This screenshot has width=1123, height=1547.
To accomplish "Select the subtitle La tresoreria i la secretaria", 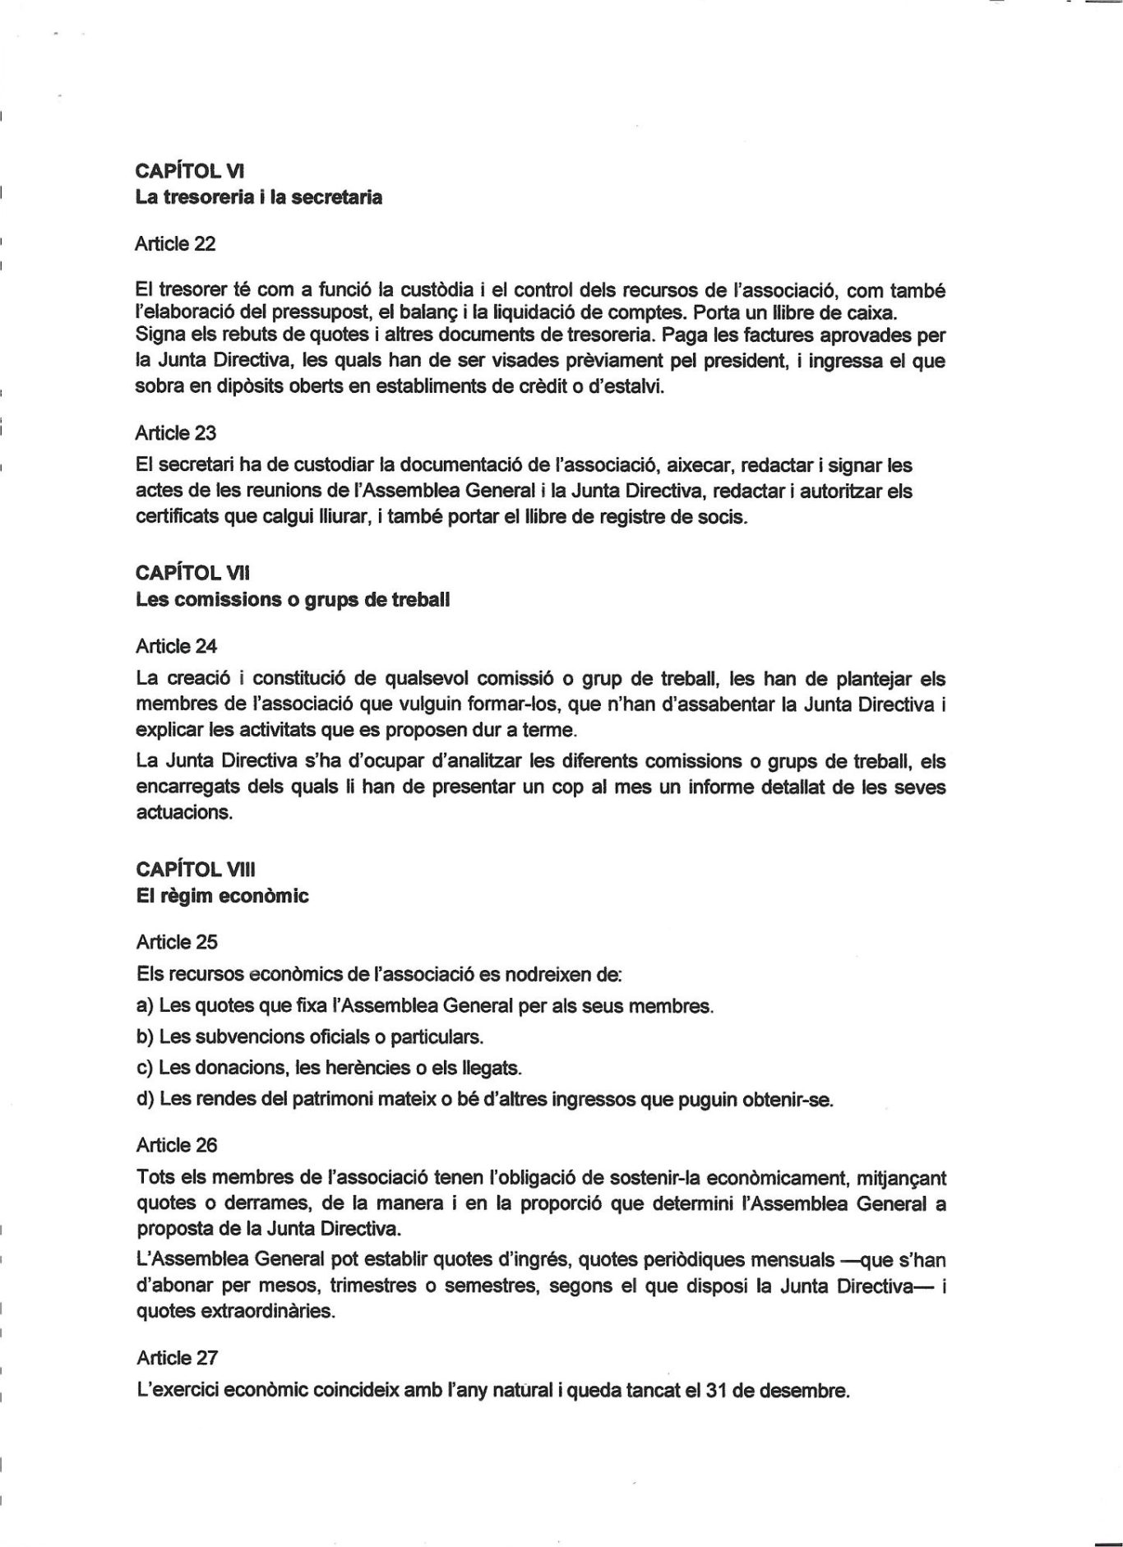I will (x=258, y=197).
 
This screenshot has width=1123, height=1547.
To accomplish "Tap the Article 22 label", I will (x=175, y=243).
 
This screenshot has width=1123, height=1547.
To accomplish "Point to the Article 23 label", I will (x=175, y=432).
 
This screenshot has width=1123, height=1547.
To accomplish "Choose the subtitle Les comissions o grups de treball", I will (x=292, y=599).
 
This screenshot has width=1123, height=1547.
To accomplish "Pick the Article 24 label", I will (x=176, y=646).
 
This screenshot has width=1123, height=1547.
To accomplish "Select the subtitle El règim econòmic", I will (x=222, y=896).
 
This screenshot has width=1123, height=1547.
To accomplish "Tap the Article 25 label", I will (x=176, y=942).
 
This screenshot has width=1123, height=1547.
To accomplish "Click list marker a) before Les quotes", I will (x=145, y=1005).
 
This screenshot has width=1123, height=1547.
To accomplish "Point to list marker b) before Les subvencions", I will (x=145, y=1037).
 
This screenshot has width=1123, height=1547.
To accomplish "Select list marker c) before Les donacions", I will (x=145, y=1068).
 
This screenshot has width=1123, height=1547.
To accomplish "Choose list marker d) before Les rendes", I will (x=145, y=1099).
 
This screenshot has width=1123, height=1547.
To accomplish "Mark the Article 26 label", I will (x=176, y=1145).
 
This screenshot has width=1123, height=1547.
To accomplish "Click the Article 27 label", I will (x=176, y=1358).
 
